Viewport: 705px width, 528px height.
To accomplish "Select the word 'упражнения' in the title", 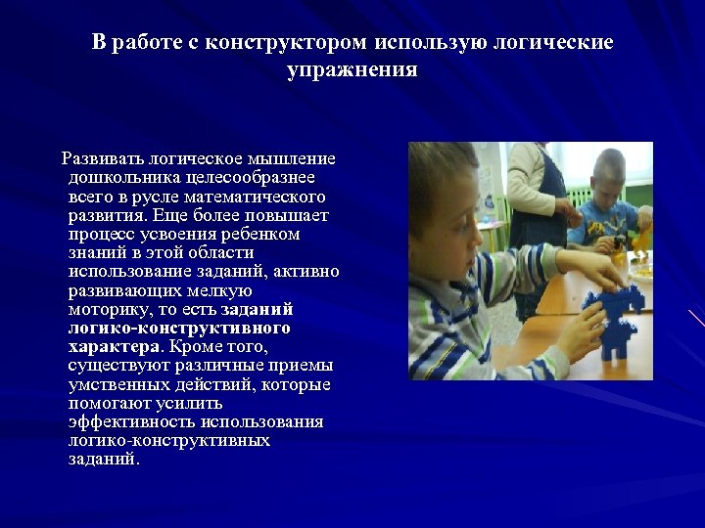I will tap(352, 70).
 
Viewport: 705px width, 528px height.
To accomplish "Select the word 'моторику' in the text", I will tap(106, 309).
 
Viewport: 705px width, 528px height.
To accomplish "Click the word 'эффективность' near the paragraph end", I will tap(131, 421).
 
